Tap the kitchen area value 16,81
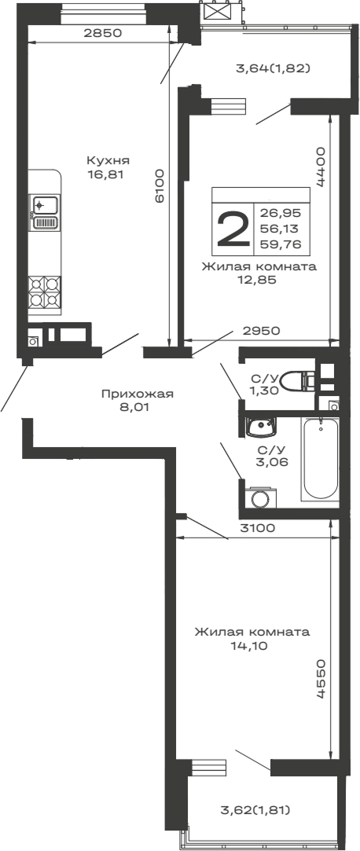[107, 174]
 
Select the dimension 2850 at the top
[103, 33]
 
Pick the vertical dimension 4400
[321, 165]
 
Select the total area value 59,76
[285, 244]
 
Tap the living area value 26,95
[285, 212]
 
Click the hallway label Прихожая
[137, 394]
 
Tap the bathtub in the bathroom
[320, 459]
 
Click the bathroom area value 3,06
[272, 462]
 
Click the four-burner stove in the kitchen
[45, 292]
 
